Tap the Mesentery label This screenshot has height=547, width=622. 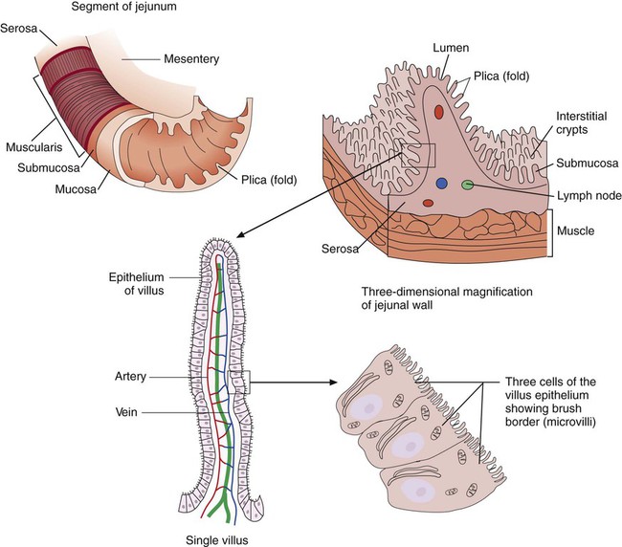tap(190, 59)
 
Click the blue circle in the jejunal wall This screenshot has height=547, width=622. tap(440, 182)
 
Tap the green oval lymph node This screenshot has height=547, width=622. tap(468, 184)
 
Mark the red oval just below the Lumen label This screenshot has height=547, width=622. tap(438, 112)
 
